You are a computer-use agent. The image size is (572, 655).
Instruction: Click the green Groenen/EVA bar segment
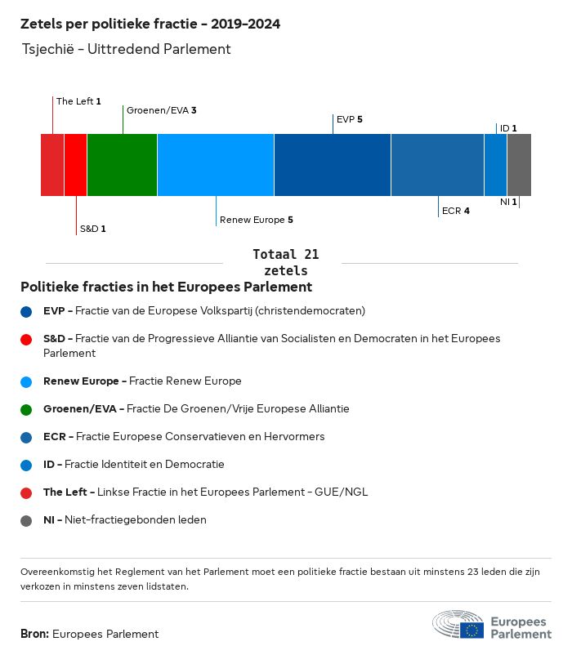(122, 165)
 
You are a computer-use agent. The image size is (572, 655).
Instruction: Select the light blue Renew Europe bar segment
(215, 165)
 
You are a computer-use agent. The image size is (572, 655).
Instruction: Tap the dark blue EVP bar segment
(332, 165)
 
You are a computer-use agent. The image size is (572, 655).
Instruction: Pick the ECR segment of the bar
(437, 165)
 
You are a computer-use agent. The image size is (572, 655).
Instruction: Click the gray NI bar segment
(519, 165)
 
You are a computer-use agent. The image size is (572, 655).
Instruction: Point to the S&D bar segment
(75, 165)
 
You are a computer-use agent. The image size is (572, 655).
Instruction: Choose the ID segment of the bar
(495, 165)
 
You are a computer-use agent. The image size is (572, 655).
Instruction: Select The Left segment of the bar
(52, 165)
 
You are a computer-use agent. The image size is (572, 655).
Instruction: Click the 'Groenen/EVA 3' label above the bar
(161, 109)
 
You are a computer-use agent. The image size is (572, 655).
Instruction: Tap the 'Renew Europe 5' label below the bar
(256, 220)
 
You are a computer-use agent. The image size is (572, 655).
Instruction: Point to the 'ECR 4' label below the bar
(455, 211)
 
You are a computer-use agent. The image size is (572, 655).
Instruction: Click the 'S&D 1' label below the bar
(92, 229)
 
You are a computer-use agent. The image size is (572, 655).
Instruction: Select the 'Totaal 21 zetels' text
(286, 262)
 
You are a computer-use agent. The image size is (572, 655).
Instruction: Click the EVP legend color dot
(26, 311)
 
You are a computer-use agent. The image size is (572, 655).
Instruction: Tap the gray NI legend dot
(26, 520)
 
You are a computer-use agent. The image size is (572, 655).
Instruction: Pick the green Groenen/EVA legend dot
(26, 409)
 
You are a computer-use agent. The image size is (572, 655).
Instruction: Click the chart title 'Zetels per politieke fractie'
(150, 24)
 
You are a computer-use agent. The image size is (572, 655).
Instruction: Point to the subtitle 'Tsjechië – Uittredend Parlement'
(127, 49)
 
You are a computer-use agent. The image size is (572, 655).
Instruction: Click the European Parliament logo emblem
(458, 624)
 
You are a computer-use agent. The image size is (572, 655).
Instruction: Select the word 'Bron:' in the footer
(34, 634)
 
